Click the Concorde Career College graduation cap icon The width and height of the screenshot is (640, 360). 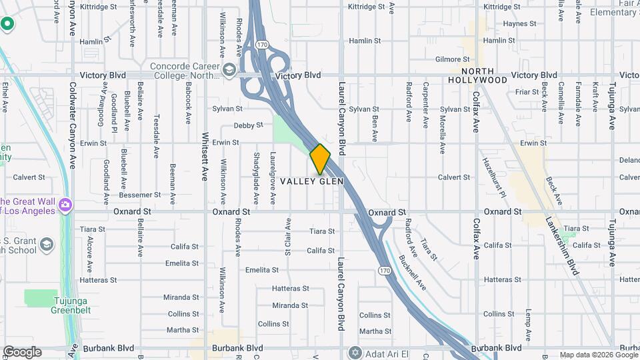coord(229,70)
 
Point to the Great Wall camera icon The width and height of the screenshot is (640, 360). coord(65,203)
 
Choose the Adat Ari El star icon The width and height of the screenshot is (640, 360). coord(355,351)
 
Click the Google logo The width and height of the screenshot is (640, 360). coord(21,352)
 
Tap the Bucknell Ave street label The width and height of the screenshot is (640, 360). coord(411,271)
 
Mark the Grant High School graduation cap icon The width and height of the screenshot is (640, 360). coord(47,245)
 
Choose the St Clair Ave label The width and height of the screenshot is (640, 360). coord(288,236)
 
